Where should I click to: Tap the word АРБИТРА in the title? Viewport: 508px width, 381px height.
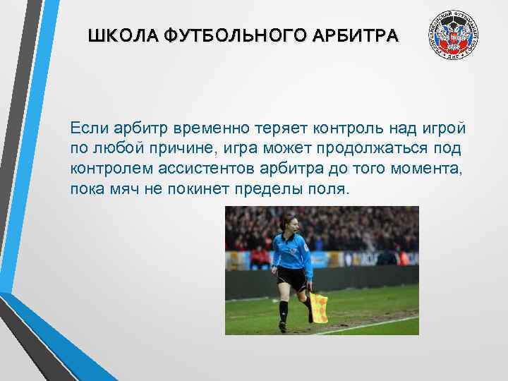[x=363, y=35]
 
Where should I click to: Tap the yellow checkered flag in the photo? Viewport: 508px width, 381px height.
[x=319, y=308]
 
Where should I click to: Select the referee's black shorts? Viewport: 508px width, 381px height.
[x=292, y=278]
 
